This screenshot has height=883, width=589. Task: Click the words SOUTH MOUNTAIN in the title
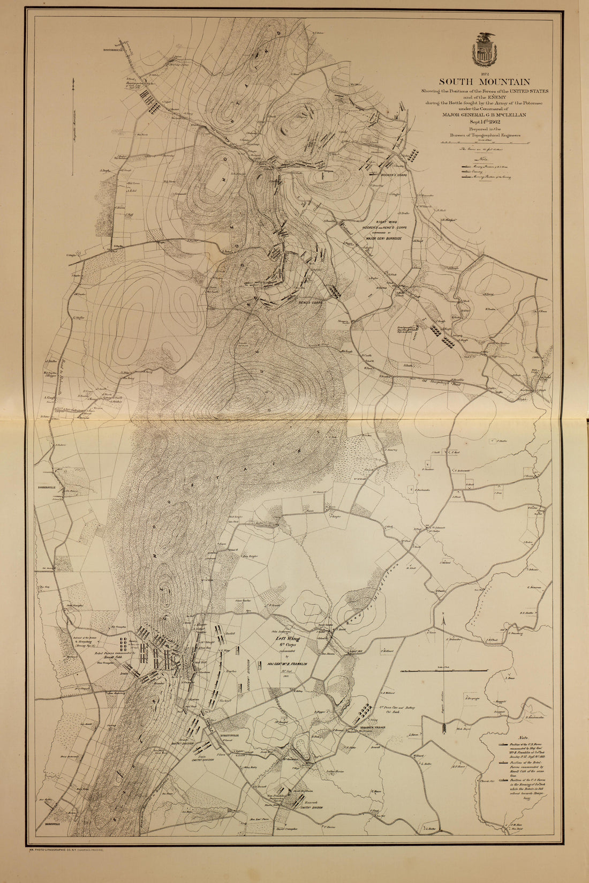point(485,82)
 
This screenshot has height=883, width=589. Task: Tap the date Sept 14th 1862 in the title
point(484,121)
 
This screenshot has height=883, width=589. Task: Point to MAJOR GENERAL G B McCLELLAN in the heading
point(485,114)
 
